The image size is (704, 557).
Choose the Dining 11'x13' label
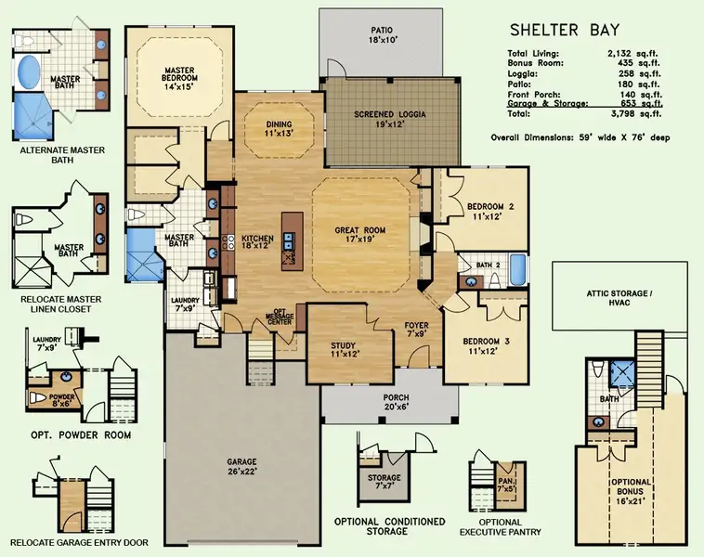point(279,129)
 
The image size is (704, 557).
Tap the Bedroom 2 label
point(490,211)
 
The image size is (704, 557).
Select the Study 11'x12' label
point(345,349)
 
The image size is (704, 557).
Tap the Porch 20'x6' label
point(396,401)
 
